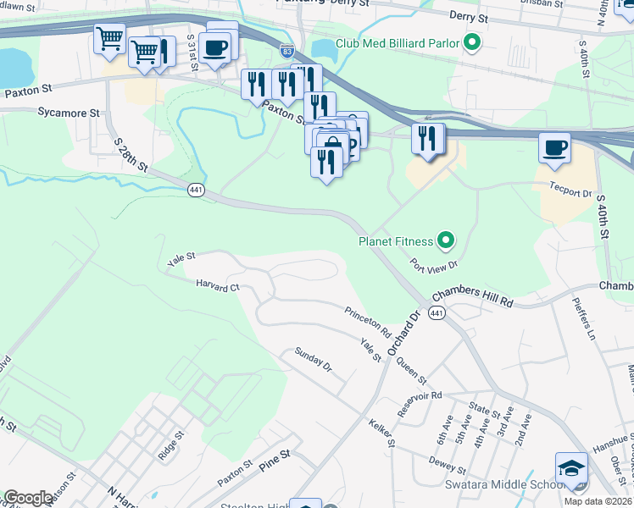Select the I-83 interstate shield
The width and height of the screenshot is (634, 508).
coord(288,52)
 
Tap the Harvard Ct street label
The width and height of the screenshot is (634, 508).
coord(218,286)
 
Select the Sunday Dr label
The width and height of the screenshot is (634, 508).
coord(313,360)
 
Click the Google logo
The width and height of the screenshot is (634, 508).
coord(28,498)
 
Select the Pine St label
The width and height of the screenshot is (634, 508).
coord(275,460)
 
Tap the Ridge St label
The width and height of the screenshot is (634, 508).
coord(170,446)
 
